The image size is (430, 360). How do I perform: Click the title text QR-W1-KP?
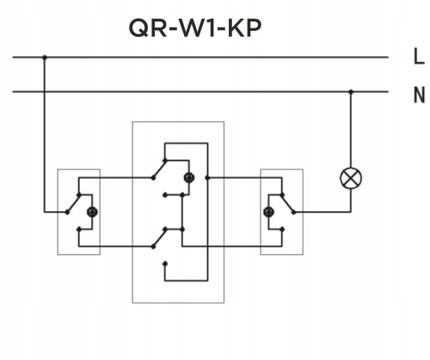[194, 27]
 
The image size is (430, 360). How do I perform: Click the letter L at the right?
[418, 58]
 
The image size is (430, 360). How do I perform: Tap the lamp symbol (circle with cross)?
[351, 178]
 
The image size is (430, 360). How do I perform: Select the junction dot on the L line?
[45, 58]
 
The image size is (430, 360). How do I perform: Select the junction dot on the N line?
[351, 91]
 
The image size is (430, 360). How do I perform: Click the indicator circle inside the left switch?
[93, 211]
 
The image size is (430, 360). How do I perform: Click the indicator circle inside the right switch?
[268, 211]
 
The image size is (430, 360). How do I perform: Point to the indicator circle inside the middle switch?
[188, 178]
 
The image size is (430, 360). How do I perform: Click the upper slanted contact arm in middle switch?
[162, 168]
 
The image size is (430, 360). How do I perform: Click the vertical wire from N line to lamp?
[351, 129]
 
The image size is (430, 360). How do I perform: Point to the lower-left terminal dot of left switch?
[77, 229]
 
